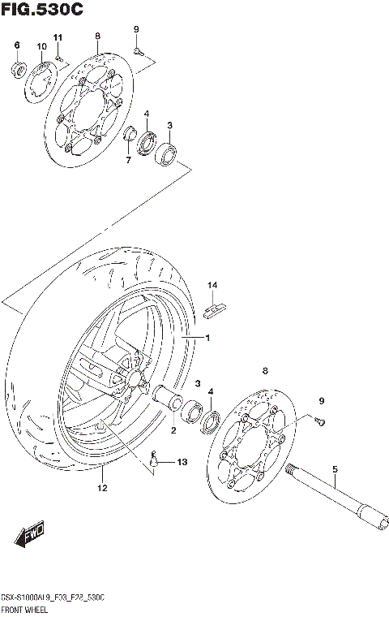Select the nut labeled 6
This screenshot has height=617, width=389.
[17, 67]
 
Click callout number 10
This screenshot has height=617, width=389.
[41, 47]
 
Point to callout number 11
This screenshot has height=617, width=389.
[58, 38]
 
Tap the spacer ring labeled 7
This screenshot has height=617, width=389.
[129, 133]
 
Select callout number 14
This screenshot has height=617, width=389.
[212, 285]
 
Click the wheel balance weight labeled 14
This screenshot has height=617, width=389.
[216, 307]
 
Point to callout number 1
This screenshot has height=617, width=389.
[207, 338]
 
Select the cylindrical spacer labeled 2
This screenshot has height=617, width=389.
[169, 399]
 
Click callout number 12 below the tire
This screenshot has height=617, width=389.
[102, 488]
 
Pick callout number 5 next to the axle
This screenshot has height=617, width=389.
[333, 469]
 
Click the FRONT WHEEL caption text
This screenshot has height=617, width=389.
[32, 608]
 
